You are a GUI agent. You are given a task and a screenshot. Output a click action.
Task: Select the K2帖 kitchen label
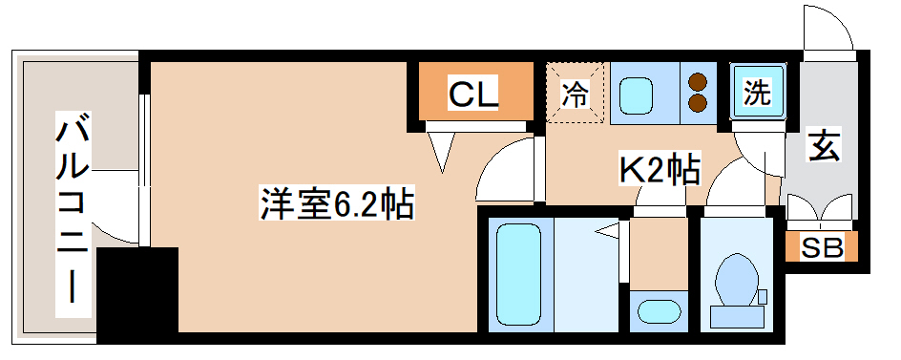tap(661, 170)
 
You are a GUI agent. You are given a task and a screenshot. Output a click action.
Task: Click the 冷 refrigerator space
tap(575, 93)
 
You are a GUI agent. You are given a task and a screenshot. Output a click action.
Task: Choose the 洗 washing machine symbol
tap(757, 93)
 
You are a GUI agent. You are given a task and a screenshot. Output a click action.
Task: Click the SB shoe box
tap(822, 248)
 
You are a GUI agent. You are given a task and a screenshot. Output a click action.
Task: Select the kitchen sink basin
tap(636, 93)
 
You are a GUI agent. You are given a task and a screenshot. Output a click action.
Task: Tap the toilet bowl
tap(736, 277)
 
